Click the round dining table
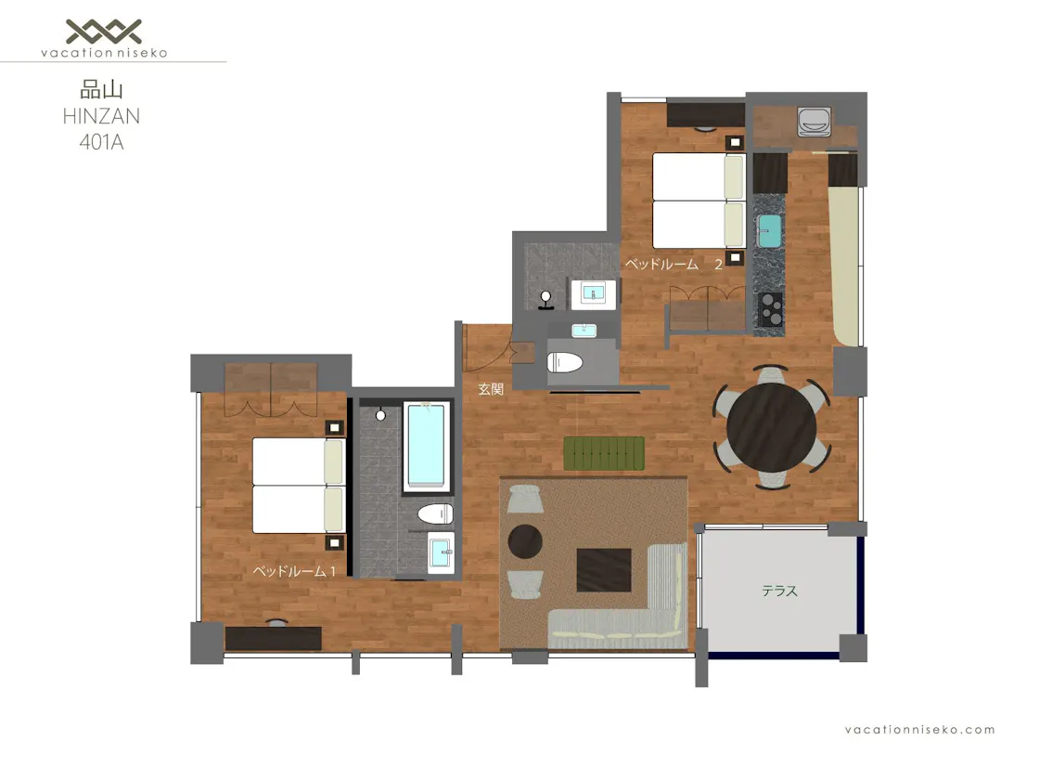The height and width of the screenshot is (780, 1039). [x=771, y=428]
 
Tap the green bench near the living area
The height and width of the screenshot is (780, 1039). [x=604, y=454]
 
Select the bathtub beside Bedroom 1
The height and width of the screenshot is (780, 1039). [x=426, y=446]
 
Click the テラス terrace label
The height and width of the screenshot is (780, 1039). [x=780, y=591]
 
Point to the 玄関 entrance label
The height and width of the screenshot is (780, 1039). [x=491, y=389]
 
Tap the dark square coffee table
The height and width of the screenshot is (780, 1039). [x=604, y=570]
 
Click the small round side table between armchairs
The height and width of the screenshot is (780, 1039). [x=525, y=541]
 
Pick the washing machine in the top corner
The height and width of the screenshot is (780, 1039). [x=815, y=122]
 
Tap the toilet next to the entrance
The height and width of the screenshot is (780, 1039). [x=565, y=362]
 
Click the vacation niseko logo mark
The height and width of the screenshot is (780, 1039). [x=104, y=32]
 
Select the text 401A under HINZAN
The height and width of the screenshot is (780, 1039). [x=101, y=142]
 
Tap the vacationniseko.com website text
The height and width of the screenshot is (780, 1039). [x=919, y=730]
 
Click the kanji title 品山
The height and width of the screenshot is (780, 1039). [x=101, y=89]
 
